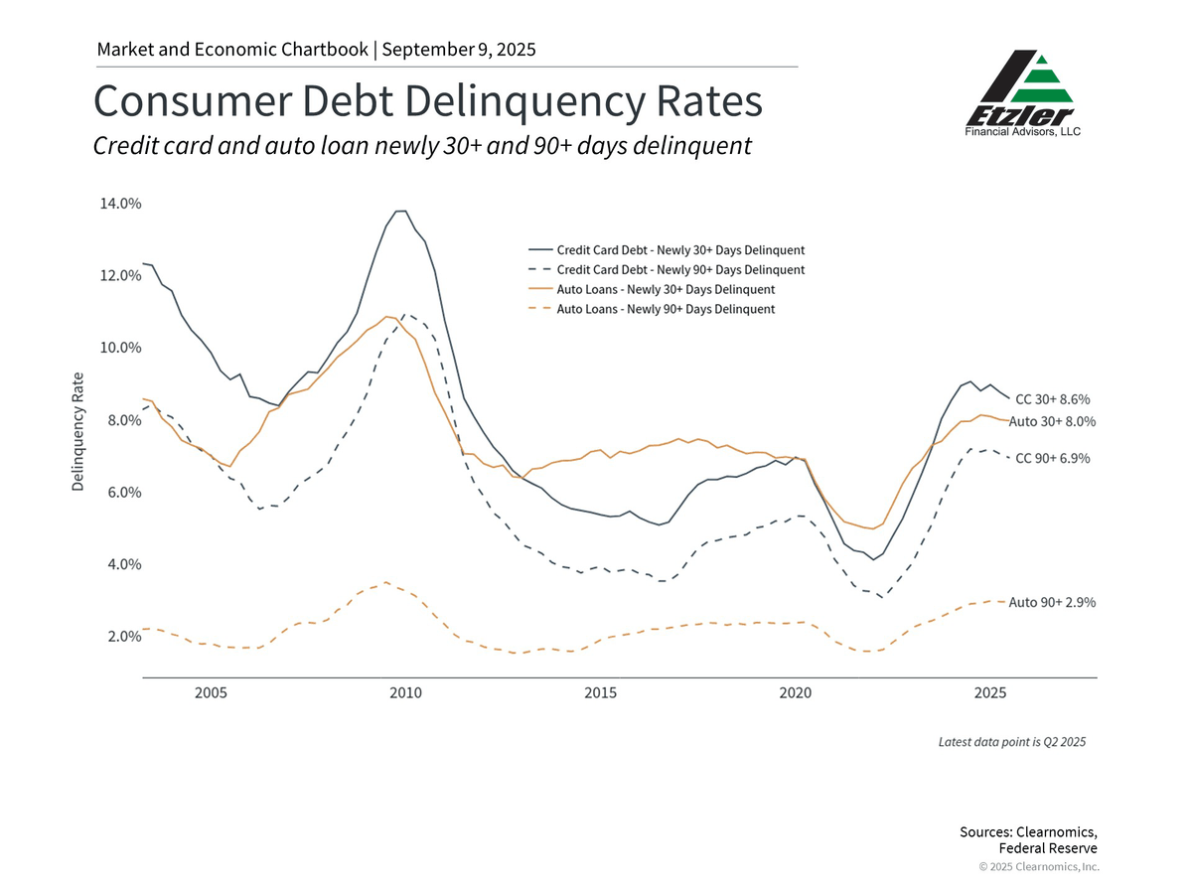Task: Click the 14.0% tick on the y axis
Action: pyautogui.click(x=121, y=204)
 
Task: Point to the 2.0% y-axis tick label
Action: pyautogui.click(x=121, y=637)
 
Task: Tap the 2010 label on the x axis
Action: pyautogui.click(x=405, y=691)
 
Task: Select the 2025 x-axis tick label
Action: pyautogui.click(x=989, y=691)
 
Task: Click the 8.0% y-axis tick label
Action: pyautogui.click(x=121, y=420)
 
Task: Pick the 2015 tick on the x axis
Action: pyautogui.click(x=600, y=691)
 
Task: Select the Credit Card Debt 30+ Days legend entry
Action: pyautogui.click(x=680, y=249)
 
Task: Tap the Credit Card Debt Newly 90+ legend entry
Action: pyautogui.click(x=680, y=269)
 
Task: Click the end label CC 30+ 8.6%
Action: pyautogui.click(x=1053, y=399)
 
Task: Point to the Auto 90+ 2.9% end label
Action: pyautogui.click(x=1052, y=602)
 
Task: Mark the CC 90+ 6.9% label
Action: pyautogui.click(x=1053, y=458)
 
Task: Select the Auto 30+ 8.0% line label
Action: pyautogui.click(x=1052, y=421)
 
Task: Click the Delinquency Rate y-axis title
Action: pyautogui.click(x=77, y=431)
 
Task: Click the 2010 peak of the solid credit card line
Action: pyautogui.click(x=400, y=211)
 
